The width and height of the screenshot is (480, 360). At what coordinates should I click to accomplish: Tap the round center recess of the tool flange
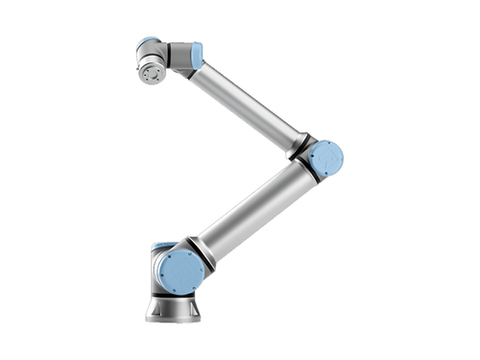pyautogui.click(x=149, y=72)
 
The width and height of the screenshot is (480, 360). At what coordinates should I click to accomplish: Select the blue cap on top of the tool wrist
pyautogui.click(x=148, y=42)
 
